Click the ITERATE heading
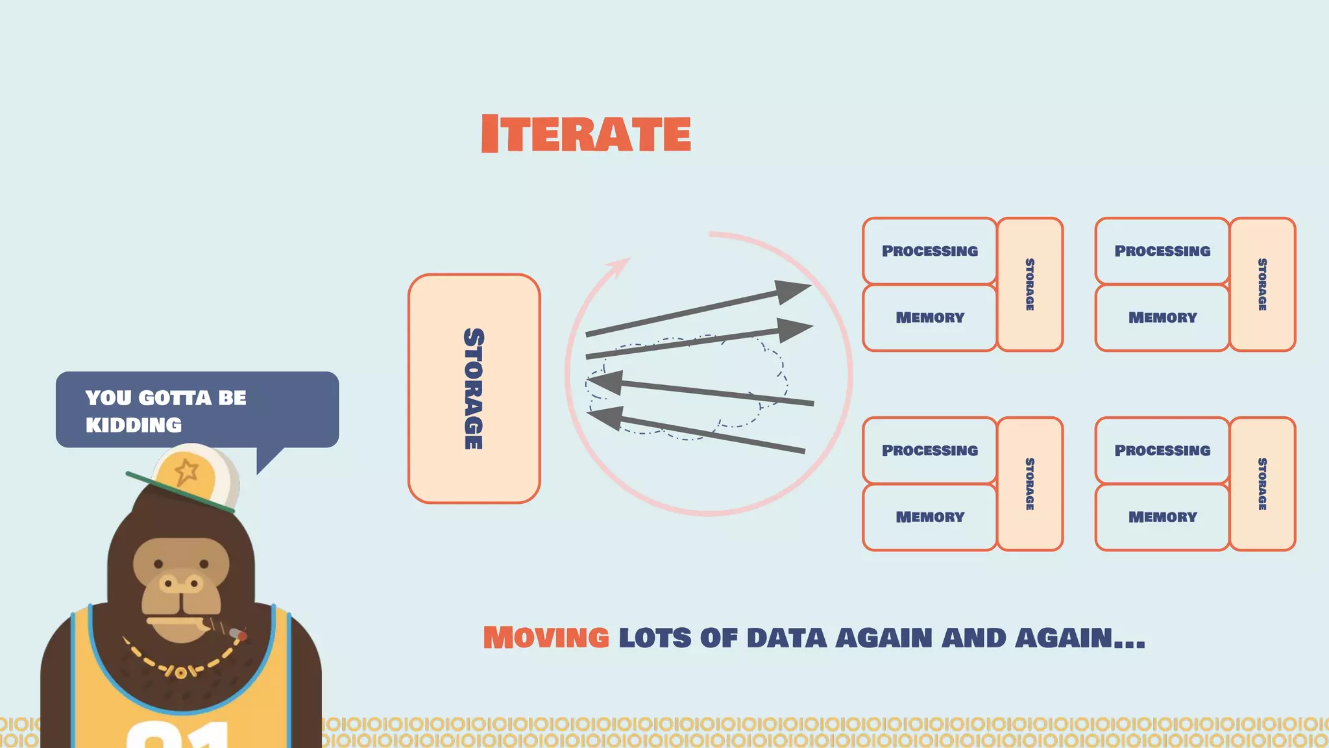(586, 134)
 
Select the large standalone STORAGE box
(474, 388)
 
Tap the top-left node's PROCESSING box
(929, 251)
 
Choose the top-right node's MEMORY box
(1162, 318)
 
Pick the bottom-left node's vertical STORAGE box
(1029, 484)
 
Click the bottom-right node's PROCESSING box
(1162, 450)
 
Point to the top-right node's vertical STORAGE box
(1262, 284)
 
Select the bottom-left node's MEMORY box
(929, 517)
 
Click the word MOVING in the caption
(546, 638)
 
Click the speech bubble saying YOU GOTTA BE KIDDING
(197, 410)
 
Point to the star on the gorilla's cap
(187, 471)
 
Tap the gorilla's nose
(181, 584)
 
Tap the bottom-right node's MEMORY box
(1162, 517)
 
